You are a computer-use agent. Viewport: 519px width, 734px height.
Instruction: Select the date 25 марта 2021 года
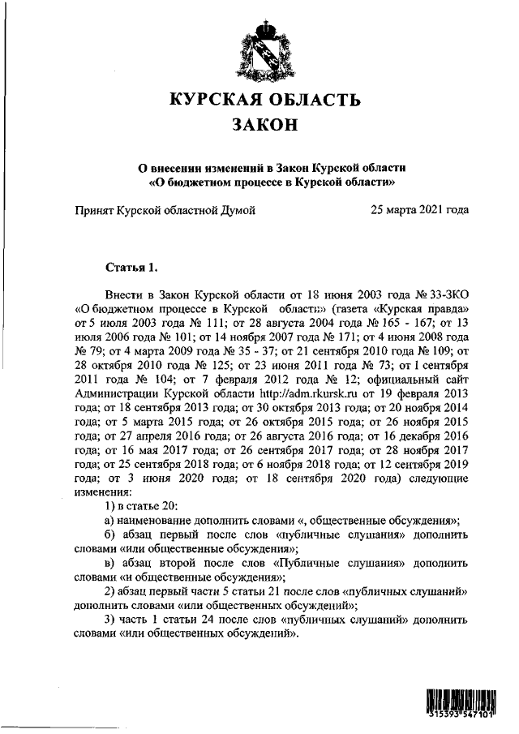click(x=419, y=210)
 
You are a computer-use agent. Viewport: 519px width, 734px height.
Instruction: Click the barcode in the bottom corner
click(x=461, y=703)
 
